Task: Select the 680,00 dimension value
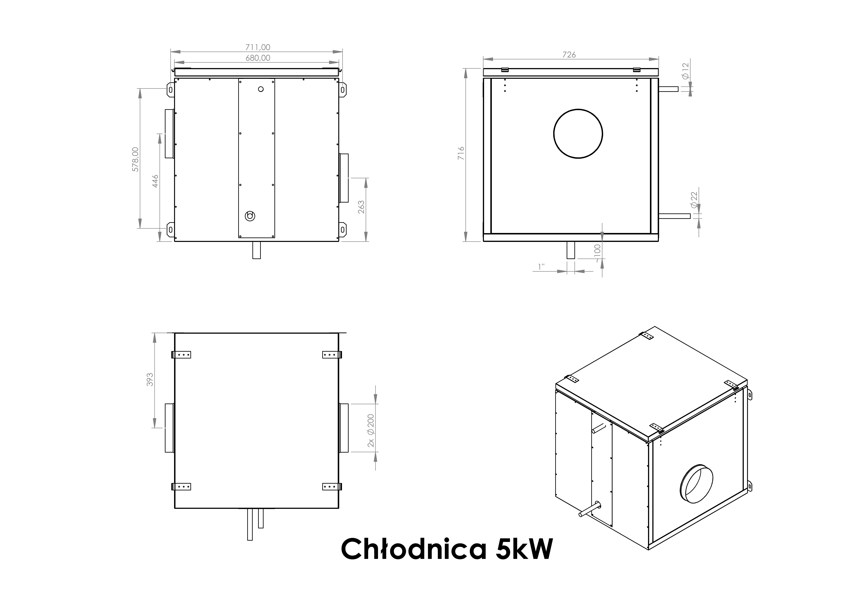point(258,58)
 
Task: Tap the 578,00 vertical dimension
point(136,159)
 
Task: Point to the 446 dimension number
point(155,181)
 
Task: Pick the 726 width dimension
point(569,55)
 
